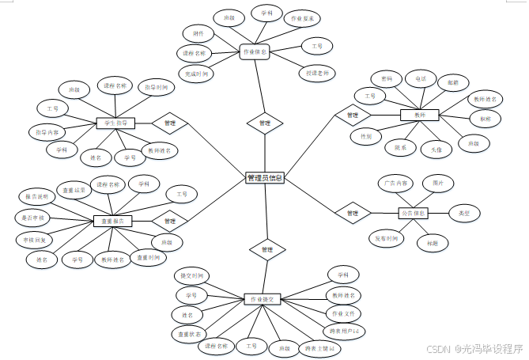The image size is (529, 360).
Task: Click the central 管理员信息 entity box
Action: click(264, 178)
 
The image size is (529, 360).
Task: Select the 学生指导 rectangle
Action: click(116, 123)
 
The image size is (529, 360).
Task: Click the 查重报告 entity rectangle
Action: click(112, 221)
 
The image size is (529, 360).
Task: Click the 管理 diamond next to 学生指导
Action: click(169, 123)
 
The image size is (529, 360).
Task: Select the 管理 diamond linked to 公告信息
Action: click(353, 213)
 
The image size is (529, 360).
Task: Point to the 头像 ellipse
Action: click(436, 148)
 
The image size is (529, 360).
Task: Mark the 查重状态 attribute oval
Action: click(189, 334)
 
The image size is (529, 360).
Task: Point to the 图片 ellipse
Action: click(438, 183)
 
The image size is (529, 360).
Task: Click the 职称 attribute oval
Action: click(480, 119)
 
